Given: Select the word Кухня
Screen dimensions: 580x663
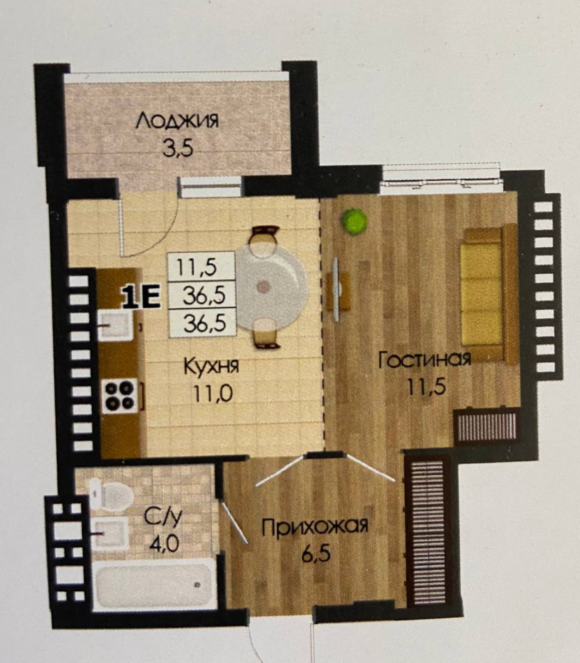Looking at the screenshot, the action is (211, 367).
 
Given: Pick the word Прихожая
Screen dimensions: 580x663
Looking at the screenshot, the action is (315, 527).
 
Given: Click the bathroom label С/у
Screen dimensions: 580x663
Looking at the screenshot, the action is (163, 517).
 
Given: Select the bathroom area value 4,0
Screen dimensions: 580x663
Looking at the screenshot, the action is (164, 543).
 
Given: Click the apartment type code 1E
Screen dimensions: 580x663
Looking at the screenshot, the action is (141, 298).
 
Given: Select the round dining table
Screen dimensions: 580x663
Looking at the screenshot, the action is (271, 286).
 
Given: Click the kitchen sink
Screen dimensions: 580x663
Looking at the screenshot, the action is (115, 325).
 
